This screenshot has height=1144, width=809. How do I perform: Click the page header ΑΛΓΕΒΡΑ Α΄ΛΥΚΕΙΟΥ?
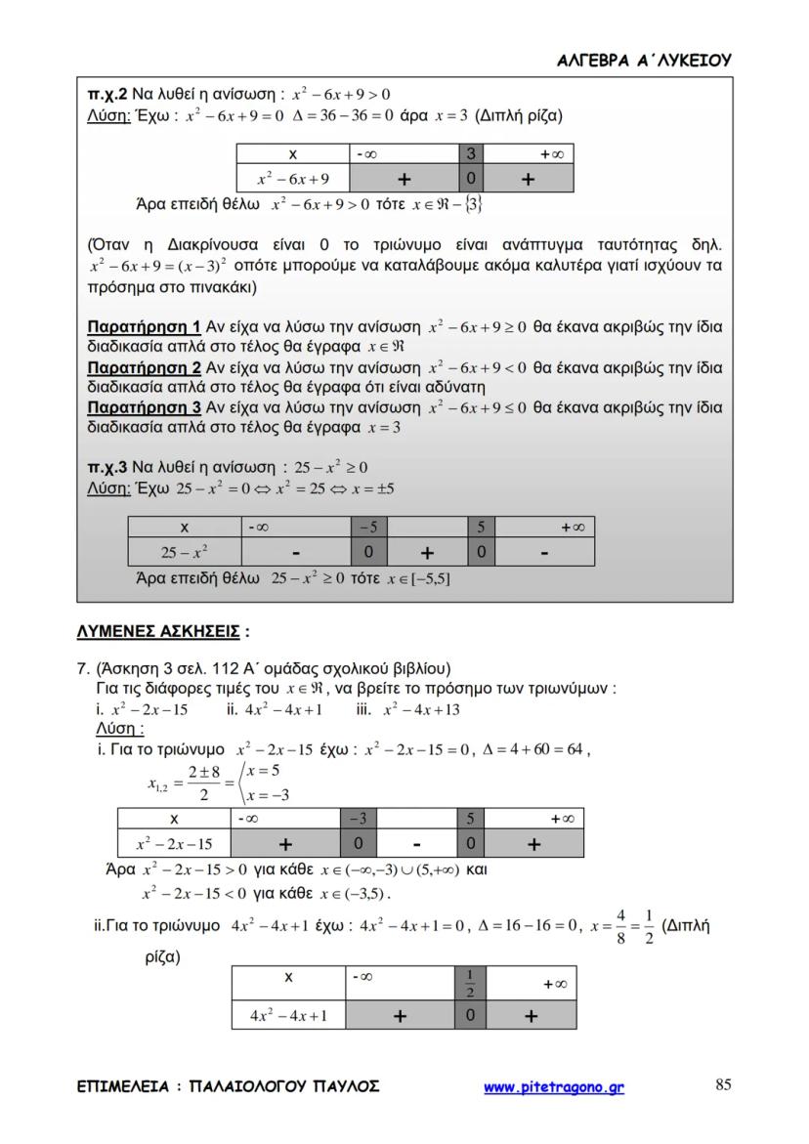pos(644,60)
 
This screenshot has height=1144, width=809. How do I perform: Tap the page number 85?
pos(724,1084)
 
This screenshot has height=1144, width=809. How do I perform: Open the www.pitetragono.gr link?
pos(554,1086)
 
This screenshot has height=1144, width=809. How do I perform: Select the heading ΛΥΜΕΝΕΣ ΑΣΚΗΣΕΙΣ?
pos(158,631)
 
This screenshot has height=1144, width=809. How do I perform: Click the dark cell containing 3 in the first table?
pos(471,154)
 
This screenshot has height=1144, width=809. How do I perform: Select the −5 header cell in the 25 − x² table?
pos(368,528)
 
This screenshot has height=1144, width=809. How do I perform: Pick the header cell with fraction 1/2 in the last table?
pos(470,984)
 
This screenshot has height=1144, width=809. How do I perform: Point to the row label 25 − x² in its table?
pos(183,553)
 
